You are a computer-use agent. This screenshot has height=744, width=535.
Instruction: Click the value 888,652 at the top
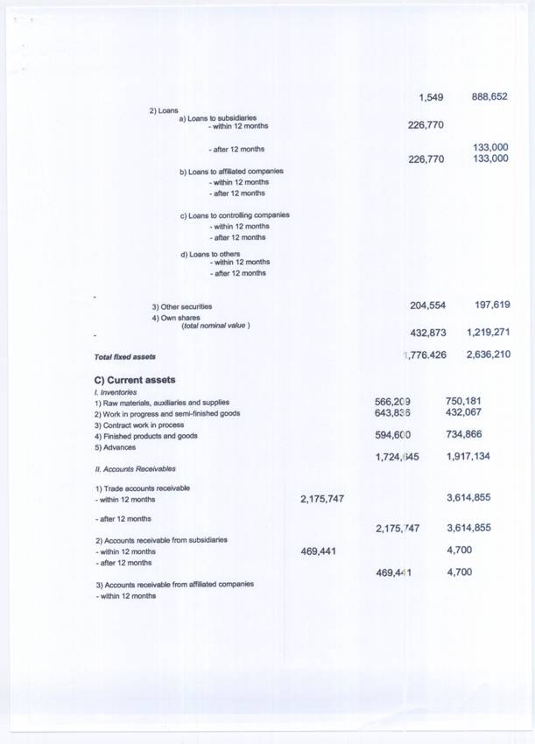tap(489, 96)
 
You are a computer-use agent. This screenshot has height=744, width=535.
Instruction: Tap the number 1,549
tap(432, 96)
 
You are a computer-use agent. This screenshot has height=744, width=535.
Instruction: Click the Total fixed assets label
tap(124, 357)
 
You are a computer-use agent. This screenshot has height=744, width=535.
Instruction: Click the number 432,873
tap(428, 333)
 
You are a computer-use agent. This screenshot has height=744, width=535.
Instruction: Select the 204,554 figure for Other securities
tap(428, 305)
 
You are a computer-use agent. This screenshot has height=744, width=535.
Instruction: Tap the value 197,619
tap(492, 305)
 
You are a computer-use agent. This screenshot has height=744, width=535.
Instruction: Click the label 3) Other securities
tap(181, 307)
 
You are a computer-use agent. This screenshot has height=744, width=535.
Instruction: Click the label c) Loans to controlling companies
tap(234, 215)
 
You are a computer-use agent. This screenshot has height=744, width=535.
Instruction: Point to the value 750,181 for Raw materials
tap(464, 402)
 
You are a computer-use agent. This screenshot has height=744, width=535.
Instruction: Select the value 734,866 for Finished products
tap(464, 435)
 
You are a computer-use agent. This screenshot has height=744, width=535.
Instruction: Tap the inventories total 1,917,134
tap(468, 457)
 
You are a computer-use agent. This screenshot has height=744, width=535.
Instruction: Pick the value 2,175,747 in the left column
tap(321, 498)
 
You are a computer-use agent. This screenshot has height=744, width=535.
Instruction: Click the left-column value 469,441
tap(321, 551)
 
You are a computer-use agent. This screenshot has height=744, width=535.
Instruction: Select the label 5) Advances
tap(116, 447)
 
